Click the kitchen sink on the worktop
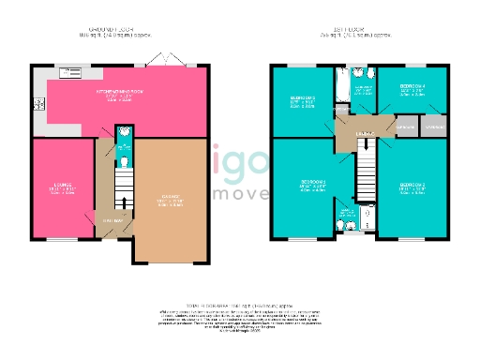tap(68, 68)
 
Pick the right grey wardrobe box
tap(434, 127)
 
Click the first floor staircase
tap(367, 171)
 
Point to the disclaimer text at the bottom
tap(239, 320)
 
